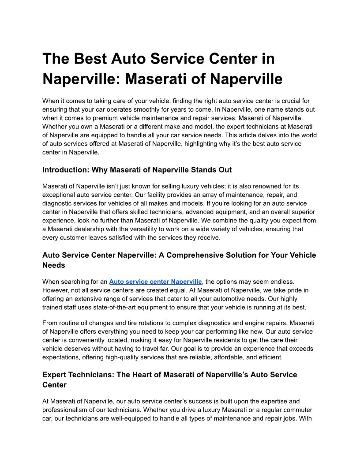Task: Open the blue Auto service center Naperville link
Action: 155,281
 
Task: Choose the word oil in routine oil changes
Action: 89,323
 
